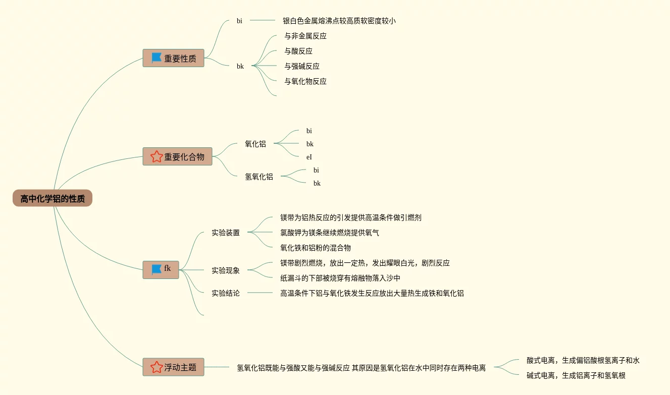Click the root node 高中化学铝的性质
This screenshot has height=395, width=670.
(53, 198)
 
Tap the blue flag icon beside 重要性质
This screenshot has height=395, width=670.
(156, 58)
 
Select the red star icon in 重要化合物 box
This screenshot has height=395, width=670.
(156, 156)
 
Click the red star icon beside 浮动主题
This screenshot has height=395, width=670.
(156, 367)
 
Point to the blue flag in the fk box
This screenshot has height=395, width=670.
(156, 269)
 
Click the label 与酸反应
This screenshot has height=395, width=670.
(298, 51)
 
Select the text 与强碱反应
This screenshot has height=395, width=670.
(302, 66)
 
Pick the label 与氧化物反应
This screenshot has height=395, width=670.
(305, 81)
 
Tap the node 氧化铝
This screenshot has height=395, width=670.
(255, 144)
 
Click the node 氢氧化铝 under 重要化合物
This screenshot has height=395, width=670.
(259, 177)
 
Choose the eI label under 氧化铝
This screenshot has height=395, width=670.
(309, 157)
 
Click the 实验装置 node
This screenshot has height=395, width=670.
(226, 233)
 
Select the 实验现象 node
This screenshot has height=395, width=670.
(226, 270)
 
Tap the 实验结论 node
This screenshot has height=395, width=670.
(226, 293)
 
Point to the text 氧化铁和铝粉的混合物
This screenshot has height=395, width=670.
(316, 248)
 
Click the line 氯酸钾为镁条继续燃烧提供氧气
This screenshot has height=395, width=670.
(330, 233)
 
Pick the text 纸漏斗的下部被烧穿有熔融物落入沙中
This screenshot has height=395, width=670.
(340, 278)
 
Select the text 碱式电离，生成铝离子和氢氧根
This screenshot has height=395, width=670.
(576, 375)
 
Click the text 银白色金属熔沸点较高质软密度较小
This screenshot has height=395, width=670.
(339, 21)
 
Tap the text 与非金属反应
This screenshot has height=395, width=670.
(305, 36)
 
